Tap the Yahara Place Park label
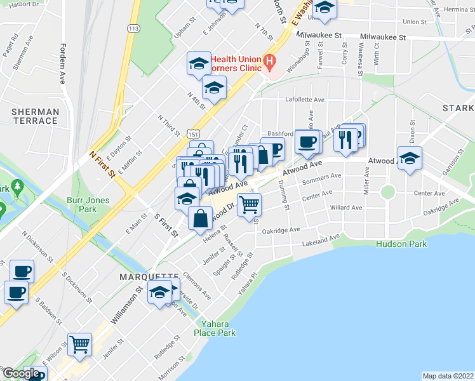[214, 328]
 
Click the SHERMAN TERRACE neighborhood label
[36, 116]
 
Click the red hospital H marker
[270, 62]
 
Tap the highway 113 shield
[133, 29]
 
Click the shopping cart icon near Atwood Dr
[250, 204]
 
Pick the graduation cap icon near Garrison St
[410, 158]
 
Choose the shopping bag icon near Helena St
[200, 218]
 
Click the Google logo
[21, 373]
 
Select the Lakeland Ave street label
[321, 241]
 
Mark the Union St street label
[414, 22]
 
